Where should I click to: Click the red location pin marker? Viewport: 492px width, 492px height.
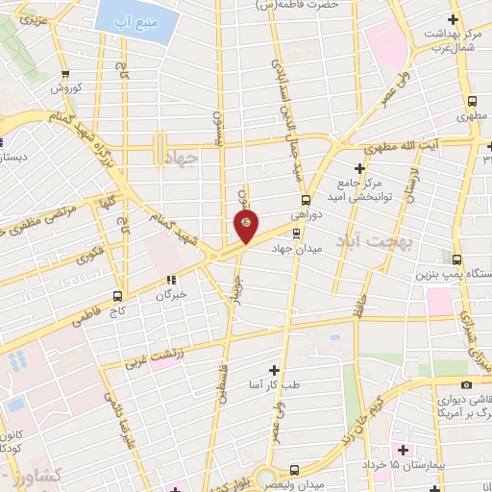(x=246, y=226)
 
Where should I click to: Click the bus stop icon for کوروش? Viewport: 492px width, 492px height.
(x=64, y=75)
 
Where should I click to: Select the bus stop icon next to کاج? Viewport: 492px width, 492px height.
(x=117, y=295)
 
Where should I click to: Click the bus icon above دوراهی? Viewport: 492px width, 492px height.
(x=306, y=200)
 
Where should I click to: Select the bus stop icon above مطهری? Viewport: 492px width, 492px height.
(x=471, y=101)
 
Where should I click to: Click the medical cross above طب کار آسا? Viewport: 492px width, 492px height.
(x=274, y=370)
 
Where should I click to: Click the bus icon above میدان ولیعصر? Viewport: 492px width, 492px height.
(x=294, y=469)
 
